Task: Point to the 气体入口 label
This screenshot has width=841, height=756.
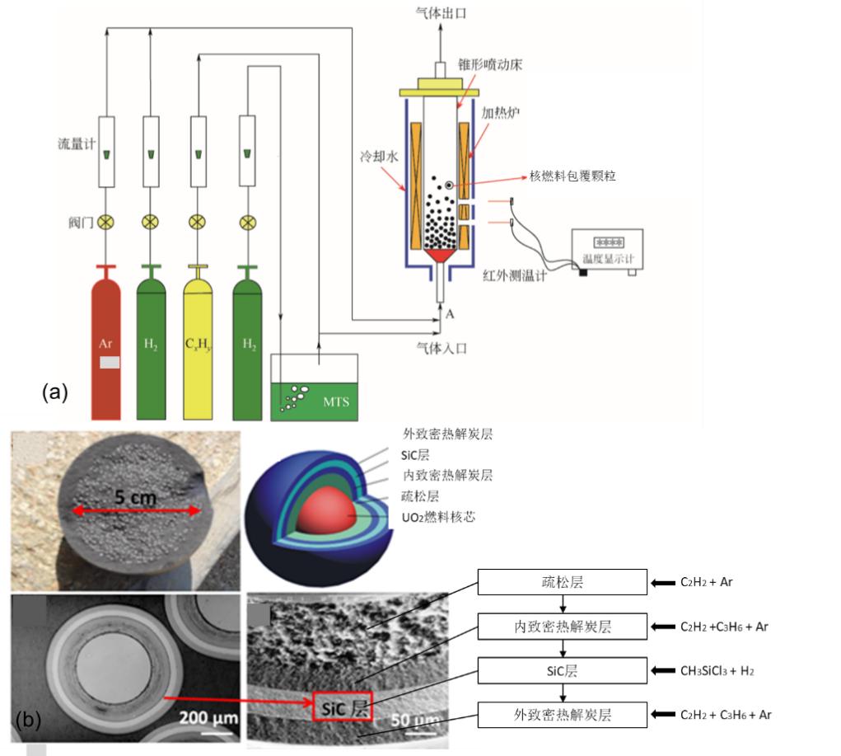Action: point(442,348)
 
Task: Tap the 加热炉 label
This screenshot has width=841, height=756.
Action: point(499,113)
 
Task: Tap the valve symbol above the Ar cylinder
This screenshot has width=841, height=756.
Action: point(105,222)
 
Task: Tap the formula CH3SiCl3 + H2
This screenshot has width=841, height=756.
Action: point(717,671)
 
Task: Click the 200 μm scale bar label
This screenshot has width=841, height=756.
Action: point(208,718)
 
